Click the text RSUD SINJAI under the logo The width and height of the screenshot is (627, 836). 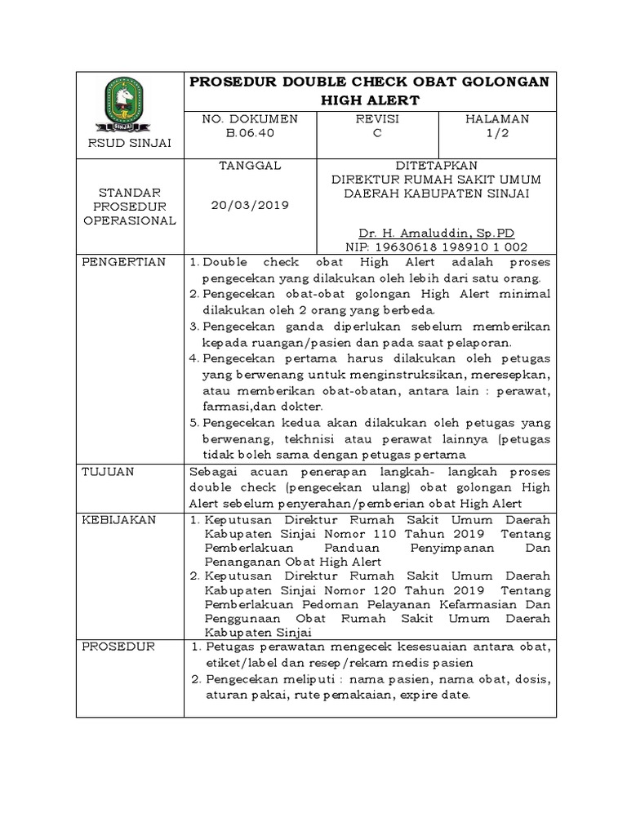(x=130, y=144)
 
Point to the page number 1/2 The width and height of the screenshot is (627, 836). (x=497, y=134)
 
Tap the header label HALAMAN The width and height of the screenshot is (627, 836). (x=497, y=119)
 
